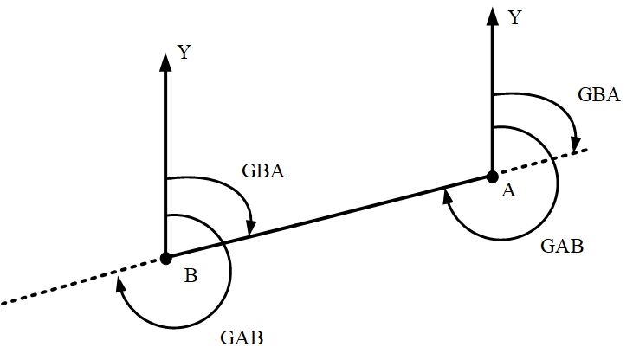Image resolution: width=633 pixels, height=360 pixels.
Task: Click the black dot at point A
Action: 492,177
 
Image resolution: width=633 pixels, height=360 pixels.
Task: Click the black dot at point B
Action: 165,257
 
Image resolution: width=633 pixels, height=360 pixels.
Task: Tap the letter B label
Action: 191,276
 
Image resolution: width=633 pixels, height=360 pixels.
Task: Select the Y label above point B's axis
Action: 184,53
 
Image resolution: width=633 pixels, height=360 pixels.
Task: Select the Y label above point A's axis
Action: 514,17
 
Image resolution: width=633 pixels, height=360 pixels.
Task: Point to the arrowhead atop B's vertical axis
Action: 165,61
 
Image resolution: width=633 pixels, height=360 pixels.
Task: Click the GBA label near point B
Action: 263,170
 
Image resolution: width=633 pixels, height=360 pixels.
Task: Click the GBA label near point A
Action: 598,95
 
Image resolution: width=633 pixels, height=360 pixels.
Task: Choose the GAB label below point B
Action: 242,337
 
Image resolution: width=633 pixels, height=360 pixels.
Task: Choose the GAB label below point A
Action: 562,246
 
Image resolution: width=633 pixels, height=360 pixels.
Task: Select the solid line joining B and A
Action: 329,216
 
